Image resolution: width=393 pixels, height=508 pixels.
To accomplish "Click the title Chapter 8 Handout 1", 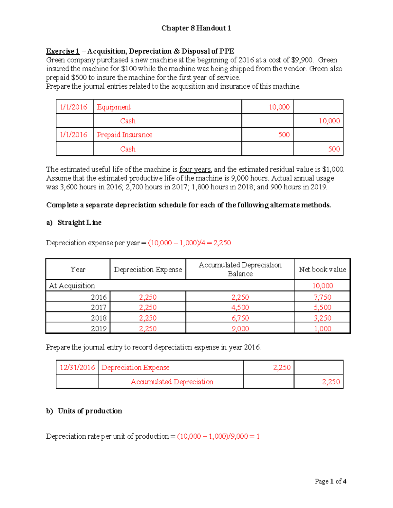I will pos(196,28).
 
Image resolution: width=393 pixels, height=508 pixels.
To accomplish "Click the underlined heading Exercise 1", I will pos(63,51).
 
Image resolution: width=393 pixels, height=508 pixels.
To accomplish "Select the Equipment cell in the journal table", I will pos(114,107).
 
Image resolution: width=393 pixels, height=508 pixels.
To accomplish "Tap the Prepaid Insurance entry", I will pos(124,135).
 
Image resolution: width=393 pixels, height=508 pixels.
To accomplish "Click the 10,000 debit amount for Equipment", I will pos(279,107).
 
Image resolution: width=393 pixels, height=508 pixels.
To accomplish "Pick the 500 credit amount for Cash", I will pos(334,149).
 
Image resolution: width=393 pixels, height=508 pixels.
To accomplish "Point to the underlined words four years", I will pos(195,169).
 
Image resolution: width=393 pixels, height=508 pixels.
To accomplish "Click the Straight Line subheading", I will pos(79,222).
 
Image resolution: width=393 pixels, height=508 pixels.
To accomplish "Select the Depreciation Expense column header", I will pos(148,270).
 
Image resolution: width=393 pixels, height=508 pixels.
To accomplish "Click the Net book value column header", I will pos(322,270).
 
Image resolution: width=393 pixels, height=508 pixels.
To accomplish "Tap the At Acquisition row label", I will pos(72,286).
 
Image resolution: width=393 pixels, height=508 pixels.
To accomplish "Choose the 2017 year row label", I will pos(99,307).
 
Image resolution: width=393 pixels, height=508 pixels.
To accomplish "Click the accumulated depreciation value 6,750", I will pos(240,318).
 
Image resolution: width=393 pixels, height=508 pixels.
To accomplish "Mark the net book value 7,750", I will pos(322,297).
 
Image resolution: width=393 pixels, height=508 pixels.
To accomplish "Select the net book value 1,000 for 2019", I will pos(322,329).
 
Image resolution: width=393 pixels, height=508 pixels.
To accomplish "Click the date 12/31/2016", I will pos(77,367).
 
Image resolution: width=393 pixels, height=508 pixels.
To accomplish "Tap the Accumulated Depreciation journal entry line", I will pos(172,382).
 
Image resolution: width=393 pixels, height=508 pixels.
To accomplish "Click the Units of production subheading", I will pos(90,411).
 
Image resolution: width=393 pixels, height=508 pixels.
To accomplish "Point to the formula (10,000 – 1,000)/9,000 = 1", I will pos(218,436).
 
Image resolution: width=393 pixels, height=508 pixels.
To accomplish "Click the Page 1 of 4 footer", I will pos(330,481).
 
